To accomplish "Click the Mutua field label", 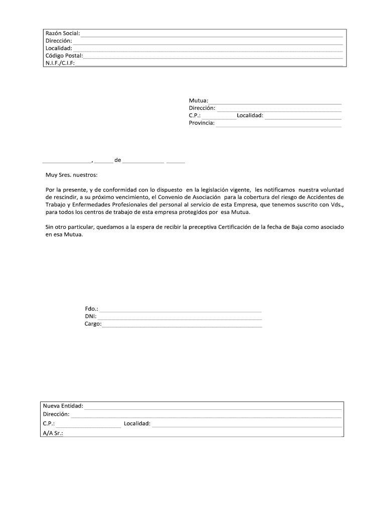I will click(x=199, y=101).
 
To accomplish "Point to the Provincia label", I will click(x=202, y=123).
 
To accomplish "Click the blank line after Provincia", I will click(x=278, y=124).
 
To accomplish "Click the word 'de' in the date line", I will click(x=118, y=160).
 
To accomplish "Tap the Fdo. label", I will click(x=92, y=309).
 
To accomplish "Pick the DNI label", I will click(x=91, y=316).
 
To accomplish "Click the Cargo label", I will click(x=93, y=324).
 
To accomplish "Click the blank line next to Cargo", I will click(x=181, y=326).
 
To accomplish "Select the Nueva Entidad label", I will click(x=63, y=406).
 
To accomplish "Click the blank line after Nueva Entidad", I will click(x=213, y=407).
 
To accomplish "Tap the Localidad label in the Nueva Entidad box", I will click(x=137, y=424).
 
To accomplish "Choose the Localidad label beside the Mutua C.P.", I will click(x=250, y=116).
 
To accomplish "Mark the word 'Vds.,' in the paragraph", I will click(x=334, y=205).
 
